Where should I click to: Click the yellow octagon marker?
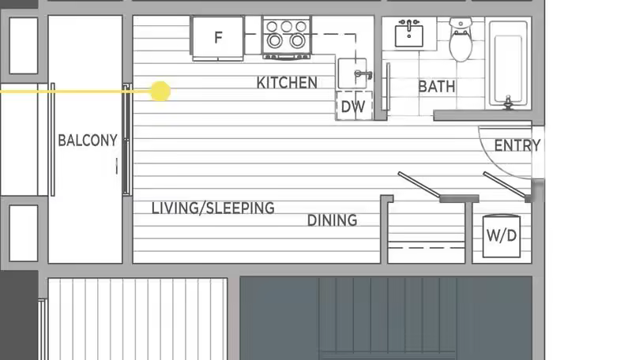160,92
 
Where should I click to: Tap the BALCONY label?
88,141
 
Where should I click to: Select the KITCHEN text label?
287,83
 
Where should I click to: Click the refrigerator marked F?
218,38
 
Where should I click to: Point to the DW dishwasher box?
354,106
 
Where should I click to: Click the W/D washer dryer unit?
502,236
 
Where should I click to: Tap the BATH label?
437,87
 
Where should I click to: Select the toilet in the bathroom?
461,39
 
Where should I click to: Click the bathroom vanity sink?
408,34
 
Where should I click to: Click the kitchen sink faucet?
363,74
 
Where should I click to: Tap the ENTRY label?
517,145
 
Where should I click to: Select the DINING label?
332,220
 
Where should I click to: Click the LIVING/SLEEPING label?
213,208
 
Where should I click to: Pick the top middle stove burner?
287,27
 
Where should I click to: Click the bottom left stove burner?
274,41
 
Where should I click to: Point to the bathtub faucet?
508,103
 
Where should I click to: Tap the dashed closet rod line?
427,247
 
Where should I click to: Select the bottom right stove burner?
298,41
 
